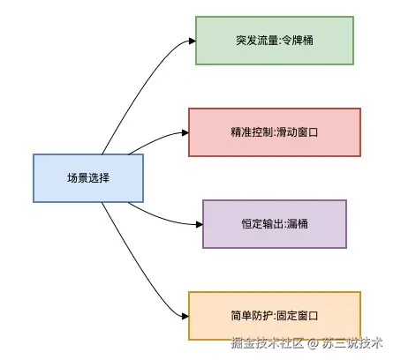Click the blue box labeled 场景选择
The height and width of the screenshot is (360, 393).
[88, 177]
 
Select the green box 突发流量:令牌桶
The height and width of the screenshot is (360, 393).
[274, 41]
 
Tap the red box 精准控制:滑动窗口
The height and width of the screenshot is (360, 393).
[275, 131]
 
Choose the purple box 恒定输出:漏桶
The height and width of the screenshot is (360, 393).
[275, 223]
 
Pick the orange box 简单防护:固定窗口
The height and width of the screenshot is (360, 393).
[275, 315]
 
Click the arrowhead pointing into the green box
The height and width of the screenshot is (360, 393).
[191, 41]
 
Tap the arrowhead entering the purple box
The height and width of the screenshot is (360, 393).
[198, 223]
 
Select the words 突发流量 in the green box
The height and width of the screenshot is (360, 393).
[256, 41]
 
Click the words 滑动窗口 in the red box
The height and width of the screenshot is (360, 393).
[296, 132]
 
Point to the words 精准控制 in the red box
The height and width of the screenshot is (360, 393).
[251, 132]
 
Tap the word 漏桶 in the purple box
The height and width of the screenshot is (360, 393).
[297, 224]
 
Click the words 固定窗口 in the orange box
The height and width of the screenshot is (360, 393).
[297, 316]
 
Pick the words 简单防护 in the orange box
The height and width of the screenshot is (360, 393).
[251, 316]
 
